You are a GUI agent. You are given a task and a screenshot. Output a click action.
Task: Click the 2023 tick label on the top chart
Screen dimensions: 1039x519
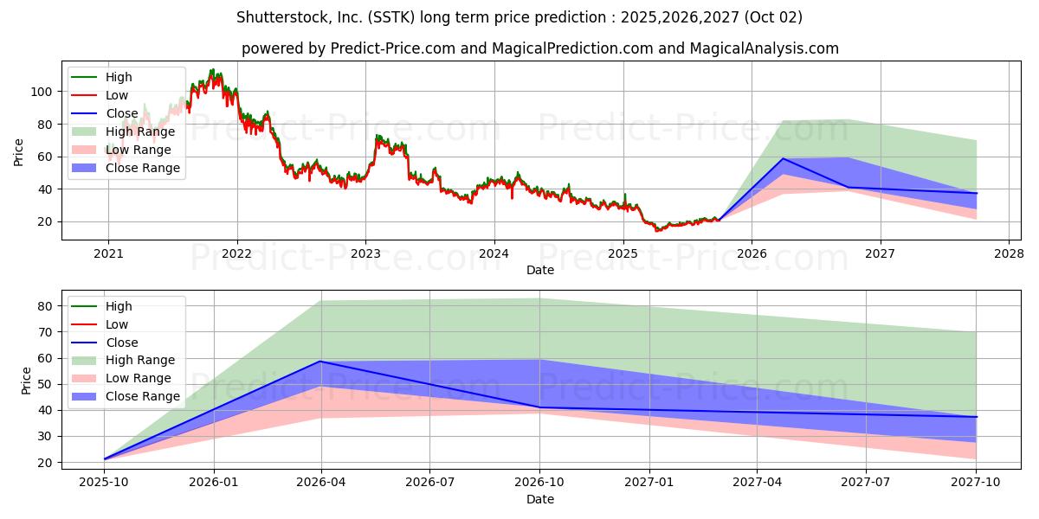point(365,254)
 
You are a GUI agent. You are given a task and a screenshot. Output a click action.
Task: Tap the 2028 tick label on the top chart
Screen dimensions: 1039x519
point(1009,254)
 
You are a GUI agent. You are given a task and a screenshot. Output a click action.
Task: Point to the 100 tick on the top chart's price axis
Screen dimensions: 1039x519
point(41,92)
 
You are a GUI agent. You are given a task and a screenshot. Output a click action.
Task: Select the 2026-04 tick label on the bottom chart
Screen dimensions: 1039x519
point(321,483)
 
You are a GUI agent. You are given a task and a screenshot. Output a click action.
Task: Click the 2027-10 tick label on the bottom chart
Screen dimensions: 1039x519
point(976,483)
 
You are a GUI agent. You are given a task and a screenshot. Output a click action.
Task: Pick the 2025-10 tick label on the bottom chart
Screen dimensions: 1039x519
point(104,483)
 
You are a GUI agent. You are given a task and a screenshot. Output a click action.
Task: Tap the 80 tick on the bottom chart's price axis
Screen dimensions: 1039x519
point(45,306)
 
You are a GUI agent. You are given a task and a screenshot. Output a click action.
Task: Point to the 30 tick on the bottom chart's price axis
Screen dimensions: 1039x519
point(45,437)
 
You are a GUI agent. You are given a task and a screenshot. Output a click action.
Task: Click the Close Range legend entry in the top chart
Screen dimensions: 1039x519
point(126,168)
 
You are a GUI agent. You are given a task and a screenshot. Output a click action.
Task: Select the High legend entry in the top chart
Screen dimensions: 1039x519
point(101,77)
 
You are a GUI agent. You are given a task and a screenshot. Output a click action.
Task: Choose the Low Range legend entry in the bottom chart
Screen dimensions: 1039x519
point(121,378)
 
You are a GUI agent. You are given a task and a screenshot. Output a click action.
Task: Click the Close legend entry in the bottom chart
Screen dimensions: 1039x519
point(105,343)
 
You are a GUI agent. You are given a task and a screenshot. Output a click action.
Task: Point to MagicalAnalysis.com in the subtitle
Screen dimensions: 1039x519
point(764,48)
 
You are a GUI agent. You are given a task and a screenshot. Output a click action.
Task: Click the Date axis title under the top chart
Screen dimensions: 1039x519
point(540,270)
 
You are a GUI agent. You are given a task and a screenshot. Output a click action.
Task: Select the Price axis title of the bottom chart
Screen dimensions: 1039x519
point(26,381)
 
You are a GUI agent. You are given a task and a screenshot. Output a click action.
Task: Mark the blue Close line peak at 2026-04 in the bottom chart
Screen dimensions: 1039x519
point(320,362)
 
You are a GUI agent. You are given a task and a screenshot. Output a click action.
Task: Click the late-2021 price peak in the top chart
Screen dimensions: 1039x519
point(212,70)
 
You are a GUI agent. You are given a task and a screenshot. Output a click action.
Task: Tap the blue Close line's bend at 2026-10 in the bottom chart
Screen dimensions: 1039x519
point(539,407)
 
